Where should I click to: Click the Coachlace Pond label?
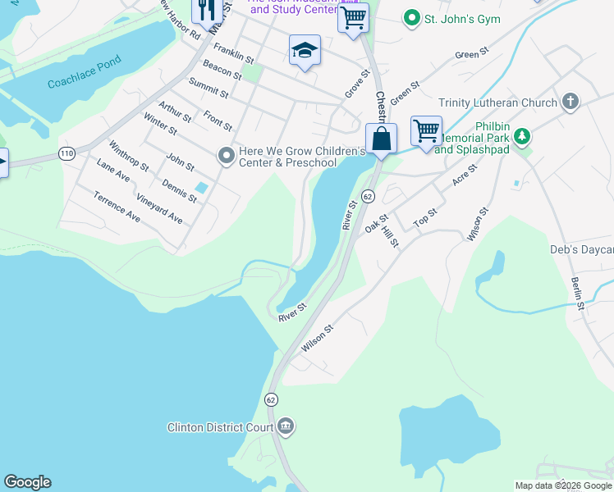click(x=85, y=72)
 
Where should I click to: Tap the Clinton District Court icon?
click(x=286, y=426)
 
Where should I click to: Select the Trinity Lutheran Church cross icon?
click(x=570, y=102)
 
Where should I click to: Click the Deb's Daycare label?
click(x=581, y=250)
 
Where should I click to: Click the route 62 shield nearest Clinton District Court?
click(x=271, y=399)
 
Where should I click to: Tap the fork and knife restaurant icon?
click(x=206, y=10)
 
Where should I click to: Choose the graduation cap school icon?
click(x=305, y=51)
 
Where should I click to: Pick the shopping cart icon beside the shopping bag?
click(x=426, y=130)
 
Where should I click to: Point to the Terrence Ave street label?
click(x=116, y=207)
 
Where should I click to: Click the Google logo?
click(x=27, y=482)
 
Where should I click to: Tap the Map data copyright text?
click(x=563, y=485)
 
